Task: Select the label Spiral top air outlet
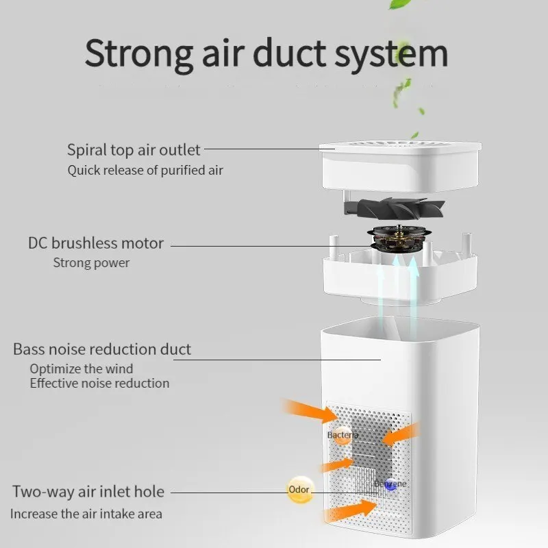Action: [x=134, y=149]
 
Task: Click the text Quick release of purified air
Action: [x=145, y=170]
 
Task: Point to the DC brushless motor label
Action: [x=96, y=243]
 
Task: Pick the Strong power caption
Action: [x=91, y=262]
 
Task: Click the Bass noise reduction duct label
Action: [x=102, y=349]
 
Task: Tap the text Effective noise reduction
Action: [x=99, y=383]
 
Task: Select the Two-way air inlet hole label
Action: [x=88, y=491]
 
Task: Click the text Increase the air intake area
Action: [x=86, y=513]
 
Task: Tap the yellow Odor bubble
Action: [x=299, y=490]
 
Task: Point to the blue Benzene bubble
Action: [x=390, y=484]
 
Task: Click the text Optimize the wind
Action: [x=82, y=369]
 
